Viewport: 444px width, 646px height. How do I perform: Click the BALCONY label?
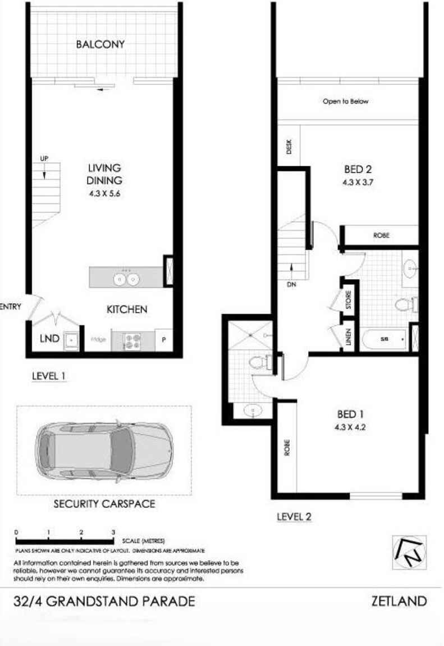[x=100, y=44]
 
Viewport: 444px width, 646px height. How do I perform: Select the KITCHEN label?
[x=127, y=309]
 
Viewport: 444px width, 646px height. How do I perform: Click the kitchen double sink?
[x=126, y=278]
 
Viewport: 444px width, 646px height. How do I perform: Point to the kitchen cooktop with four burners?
[x=132, y=340]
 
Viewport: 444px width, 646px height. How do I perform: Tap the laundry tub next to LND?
[x=71, y=340]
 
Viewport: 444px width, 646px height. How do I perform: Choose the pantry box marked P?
[x=164, y=340]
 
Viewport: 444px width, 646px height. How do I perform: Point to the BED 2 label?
[x=358, y=168]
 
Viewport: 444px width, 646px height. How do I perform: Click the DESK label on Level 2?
[x=289, y=147]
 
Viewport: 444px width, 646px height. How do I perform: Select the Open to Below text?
[x=345, y=102]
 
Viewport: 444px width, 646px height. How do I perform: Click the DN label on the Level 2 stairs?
[x=291, y=285]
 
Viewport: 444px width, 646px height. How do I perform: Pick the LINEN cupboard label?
[x=348, y=339]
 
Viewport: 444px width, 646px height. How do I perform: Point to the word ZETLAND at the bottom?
[x=399, y=602]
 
